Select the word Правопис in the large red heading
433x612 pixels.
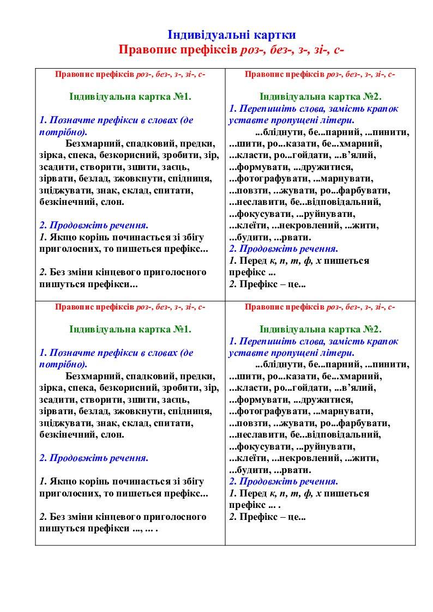(x=148, y=50)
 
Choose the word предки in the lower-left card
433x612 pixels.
(x=199, y=377)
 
